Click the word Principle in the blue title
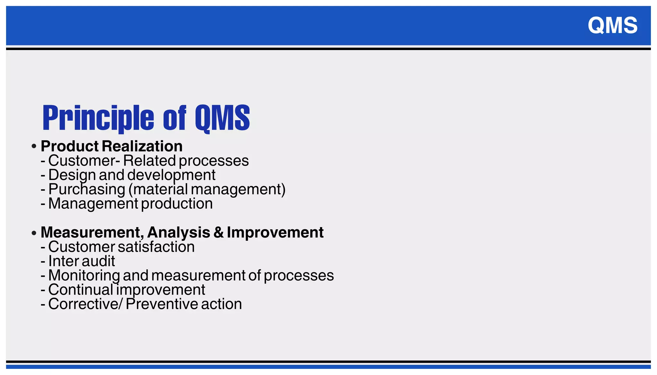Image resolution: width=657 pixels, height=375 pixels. [x=98, y=118]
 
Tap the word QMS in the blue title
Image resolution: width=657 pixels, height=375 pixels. [x=222, y=118]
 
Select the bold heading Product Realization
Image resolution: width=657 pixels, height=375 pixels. [x=111, y=146]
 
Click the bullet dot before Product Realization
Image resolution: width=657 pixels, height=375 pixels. [x=34, y=147]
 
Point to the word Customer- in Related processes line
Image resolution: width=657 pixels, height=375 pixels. [x=84, y=161]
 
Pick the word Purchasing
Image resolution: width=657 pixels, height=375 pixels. [x=87, y=189]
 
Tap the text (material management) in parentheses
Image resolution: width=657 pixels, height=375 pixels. [x=207, y=189]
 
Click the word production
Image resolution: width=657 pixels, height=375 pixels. [x=177, y=204]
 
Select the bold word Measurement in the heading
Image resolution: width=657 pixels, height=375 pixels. [x=91, y=232]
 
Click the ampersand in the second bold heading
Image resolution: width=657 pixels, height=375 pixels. [x=218, y=232]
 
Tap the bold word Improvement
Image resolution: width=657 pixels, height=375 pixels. [x=275, y=232]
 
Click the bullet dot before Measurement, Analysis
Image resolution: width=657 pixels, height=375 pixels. [x=34, y=233]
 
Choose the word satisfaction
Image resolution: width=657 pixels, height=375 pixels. [x=156, y=247]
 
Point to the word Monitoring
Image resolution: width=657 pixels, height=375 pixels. [x=84, y=276]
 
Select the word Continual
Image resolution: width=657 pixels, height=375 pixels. [x=81, y=290]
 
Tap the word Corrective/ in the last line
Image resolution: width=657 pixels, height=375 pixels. [x=85, y=304]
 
